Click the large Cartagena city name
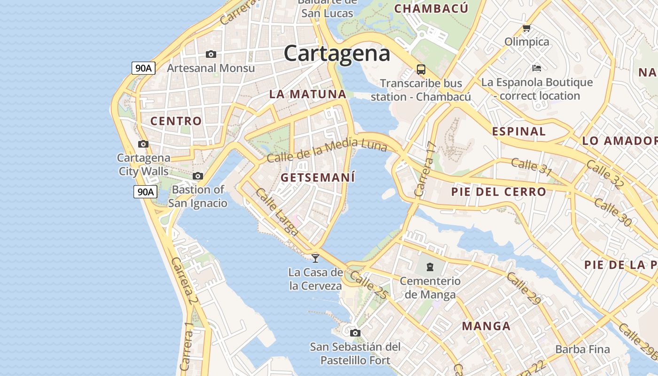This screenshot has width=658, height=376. pos(337,53)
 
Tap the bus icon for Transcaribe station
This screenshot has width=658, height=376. pos(421,70)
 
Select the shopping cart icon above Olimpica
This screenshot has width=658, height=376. pos(527,28)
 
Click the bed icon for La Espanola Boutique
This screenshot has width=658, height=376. pos(537,68)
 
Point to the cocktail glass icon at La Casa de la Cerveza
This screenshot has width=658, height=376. pos(315,258)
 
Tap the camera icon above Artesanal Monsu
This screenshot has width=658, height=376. pos(211,55)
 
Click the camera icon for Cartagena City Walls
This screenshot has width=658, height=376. pos(143,144)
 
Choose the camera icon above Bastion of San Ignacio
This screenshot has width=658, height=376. pos(198,176)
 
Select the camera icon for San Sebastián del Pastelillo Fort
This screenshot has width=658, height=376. pos(355,333)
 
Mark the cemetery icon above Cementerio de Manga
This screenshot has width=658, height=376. pos(430,267)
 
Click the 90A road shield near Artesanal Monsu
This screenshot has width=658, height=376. pos(143,68)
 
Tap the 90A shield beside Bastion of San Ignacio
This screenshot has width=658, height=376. pos(145,192)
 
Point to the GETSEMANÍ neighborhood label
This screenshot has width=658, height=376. pos(318,178)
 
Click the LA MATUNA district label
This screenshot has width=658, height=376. pos(308,94)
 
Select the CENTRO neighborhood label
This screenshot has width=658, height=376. pos(176,121)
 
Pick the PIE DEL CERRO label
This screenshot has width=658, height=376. pos(499,192)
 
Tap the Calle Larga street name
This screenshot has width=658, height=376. pos(277,211)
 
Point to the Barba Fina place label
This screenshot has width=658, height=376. pos(582,349)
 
